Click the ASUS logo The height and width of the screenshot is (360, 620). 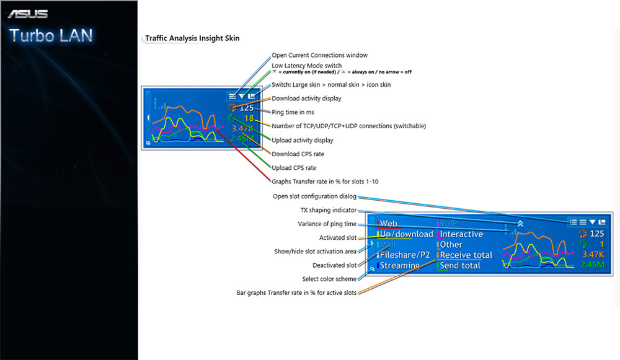click(27, 14)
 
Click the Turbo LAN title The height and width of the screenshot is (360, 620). click(51, 35)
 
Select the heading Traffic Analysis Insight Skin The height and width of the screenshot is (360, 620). click(192, 38)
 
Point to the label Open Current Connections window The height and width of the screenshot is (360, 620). click(319, 55)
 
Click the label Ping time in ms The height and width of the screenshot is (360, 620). click(293, 112)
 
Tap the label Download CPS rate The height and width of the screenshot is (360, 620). click(298, 154)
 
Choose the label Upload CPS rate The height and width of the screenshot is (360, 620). click(294, 168)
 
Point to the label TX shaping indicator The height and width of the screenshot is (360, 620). click(328, 210)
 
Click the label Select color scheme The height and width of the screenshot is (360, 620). click(329, 279)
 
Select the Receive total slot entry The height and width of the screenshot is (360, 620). click(466, 255)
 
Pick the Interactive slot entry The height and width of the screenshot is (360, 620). click(461, 234)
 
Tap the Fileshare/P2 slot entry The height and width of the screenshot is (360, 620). click(404, 255)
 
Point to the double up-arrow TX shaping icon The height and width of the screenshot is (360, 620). click(521, 222)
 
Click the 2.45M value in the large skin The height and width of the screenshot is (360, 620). click(593, 265)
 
